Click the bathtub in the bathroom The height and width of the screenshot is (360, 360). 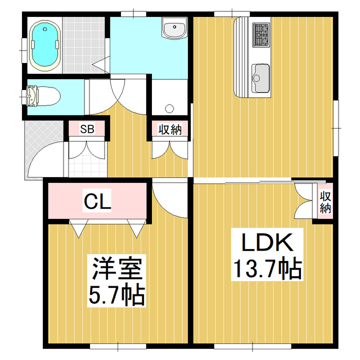pyautogui.click(x=45, y=44)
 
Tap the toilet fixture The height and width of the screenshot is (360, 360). pyautogui.click(x=43, y=96)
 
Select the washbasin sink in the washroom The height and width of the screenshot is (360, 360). pyautogui.click(x=174, y=28)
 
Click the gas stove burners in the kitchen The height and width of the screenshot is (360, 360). pyautogui.click(x=261, y=34)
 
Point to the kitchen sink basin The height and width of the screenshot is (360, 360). pyautogui.click(x=260, y=78)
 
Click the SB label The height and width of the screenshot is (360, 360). pyautogui.click(x=87, y=129)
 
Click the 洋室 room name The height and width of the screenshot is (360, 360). pyautogui.click(x=116, y=268)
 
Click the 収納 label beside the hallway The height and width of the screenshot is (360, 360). pyautogui.click(x=170, y=130)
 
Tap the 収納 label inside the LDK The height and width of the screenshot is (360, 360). pyautogui.click(x=325, y=202)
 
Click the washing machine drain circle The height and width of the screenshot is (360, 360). pyautogui.click(x=170, y=108)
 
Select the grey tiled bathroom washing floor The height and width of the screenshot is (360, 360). pyautogui.click(x=84, y=45)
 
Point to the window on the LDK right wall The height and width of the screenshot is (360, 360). pyautogui.click(x=336, y=128)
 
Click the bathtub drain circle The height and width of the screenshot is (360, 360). pyautogui.click(x=45, y=29)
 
